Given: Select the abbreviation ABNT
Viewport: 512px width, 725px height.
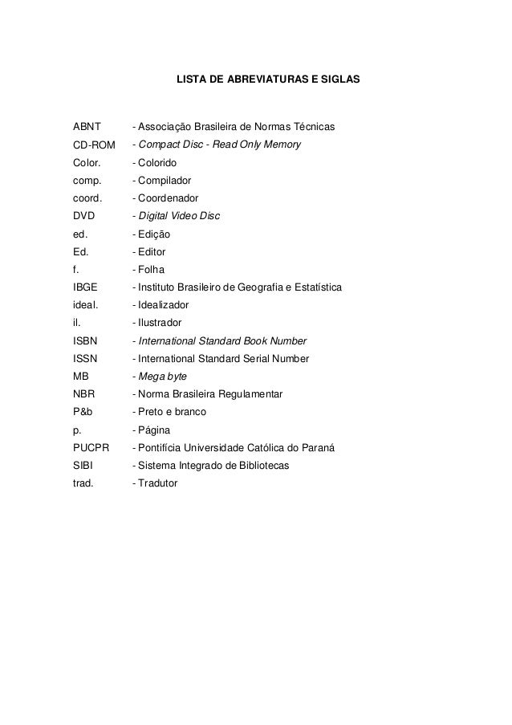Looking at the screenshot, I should [87, 127].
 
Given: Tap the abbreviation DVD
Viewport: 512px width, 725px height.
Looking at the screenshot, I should [84, 216].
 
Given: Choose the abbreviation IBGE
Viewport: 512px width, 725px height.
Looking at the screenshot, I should [85, 287].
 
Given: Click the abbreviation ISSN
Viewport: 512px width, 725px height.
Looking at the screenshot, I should [86, 358].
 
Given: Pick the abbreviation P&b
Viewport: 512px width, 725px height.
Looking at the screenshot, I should [83, 412].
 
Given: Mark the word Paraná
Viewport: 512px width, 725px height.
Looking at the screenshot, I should [319, 447].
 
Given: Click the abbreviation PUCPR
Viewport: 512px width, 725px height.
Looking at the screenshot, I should [91, 447].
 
